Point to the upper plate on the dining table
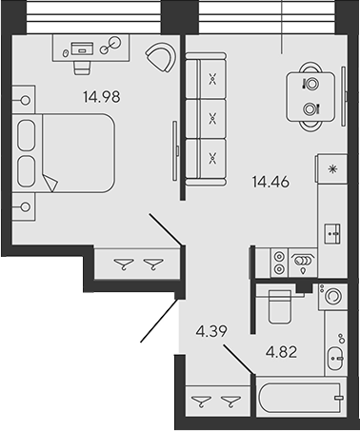[x=310, y=83]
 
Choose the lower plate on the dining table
[x=310, y=108]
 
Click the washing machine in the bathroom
[x=333, y=297]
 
